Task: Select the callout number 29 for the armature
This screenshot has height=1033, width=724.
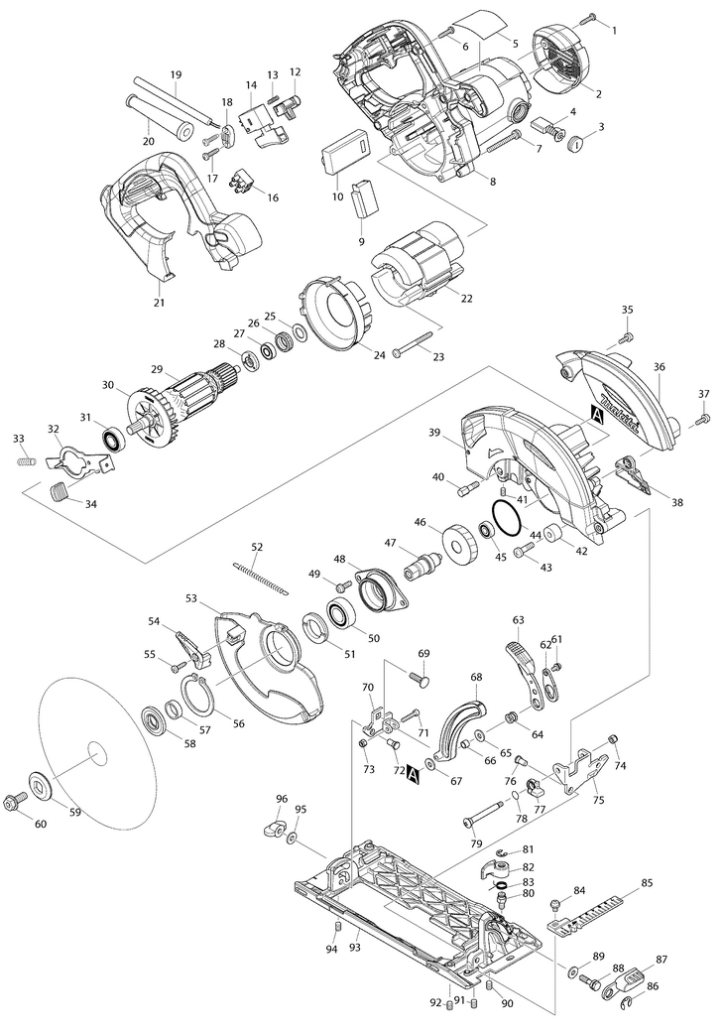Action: pos(157,368)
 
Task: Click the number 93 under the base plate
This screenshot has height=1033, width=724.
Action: pos(354,947)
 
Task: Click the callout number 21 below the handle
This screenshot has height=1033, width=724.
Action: pos(159,303)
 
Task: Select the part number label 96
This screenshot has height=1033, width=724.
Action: pos(282,799)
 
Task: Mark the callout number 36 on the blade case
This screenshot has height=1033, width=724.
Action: pos(659,367)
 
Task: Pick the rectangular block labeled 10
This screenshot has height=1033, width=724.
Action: pos(344,150)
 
